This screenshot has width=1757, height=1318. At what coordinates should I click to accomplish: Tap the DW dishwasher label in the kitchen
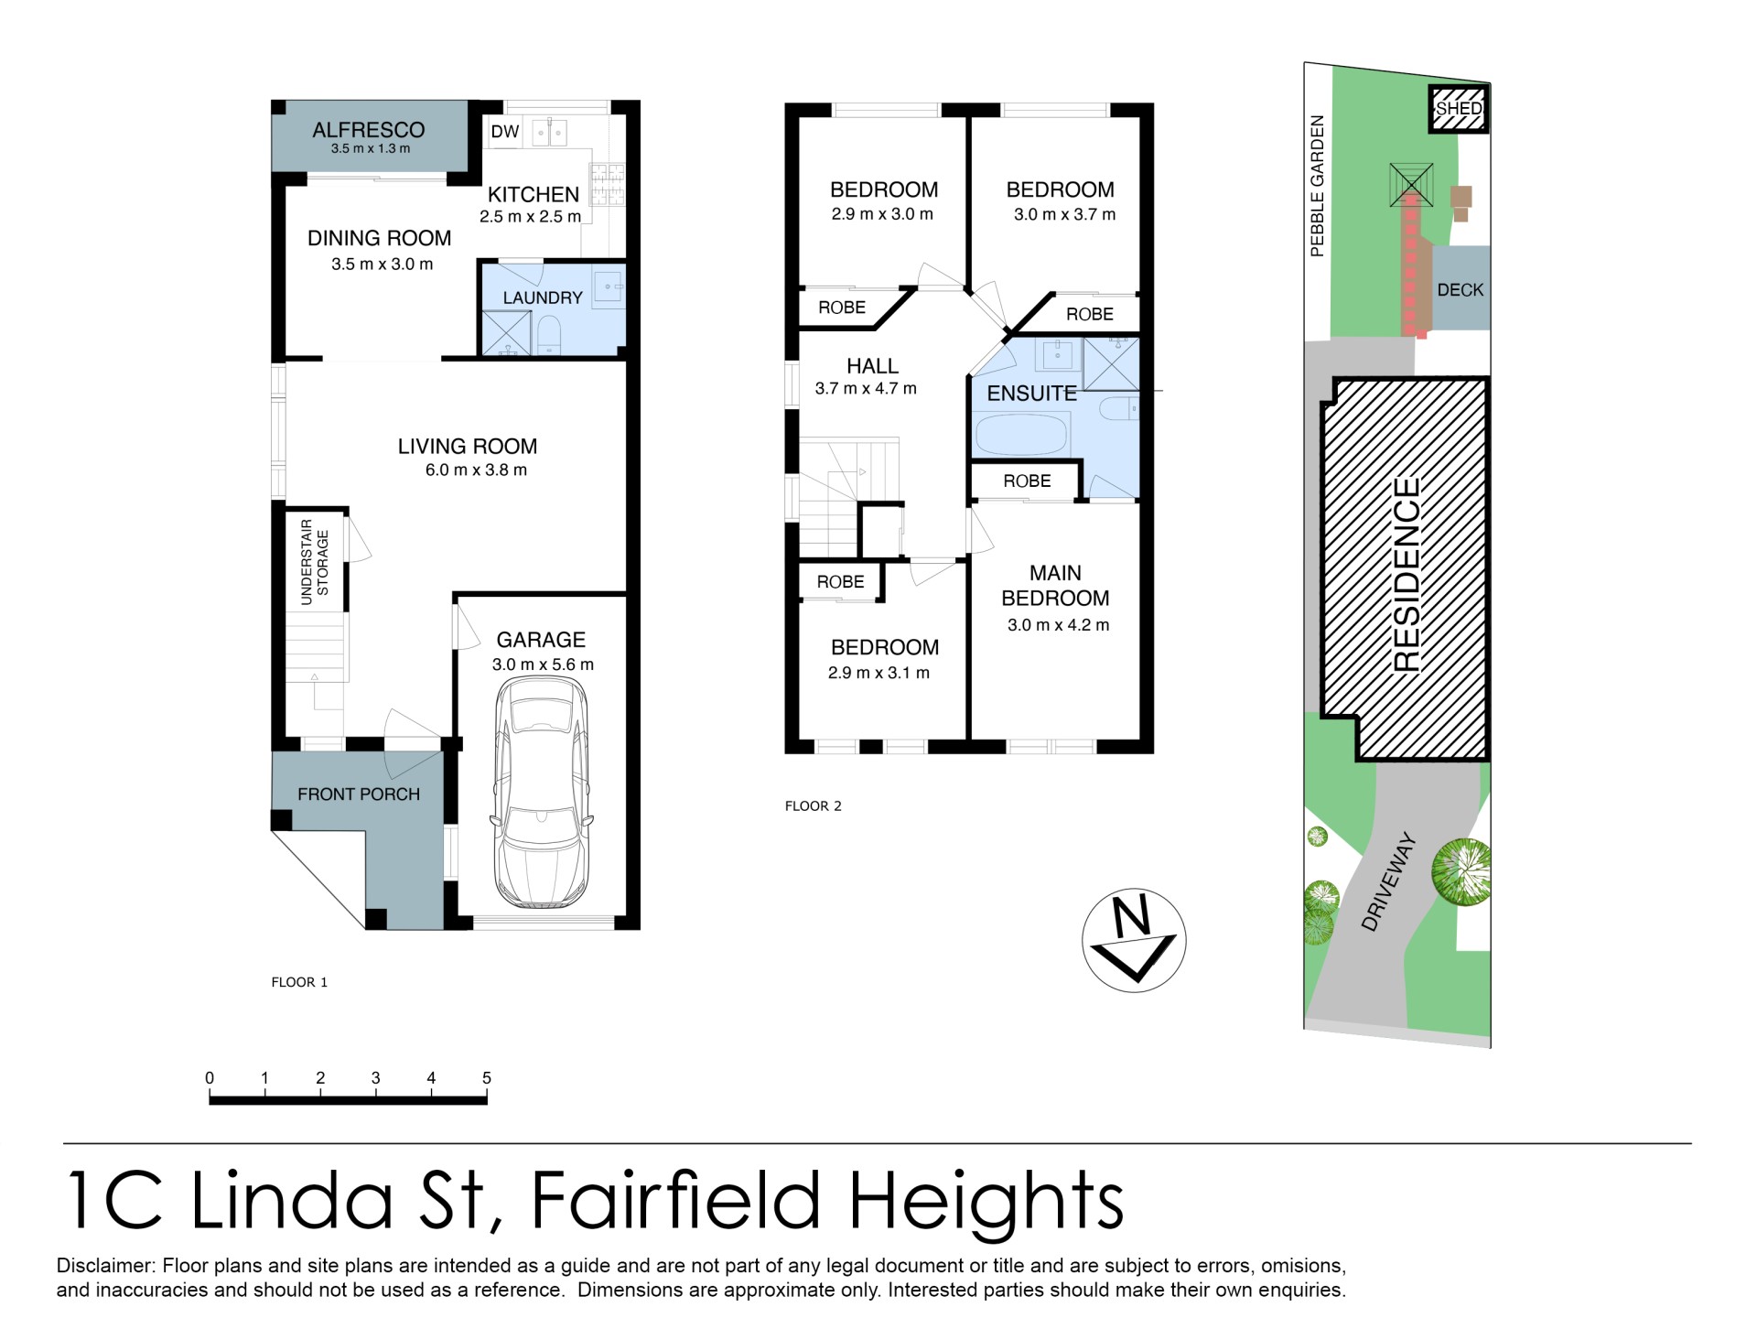pos(504,132)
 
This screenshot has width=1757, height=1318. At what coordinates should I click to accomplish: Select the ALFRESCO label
pos(369,130)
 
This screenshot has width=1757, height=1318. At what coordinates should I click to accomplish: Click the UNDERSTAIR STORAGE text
pos(315,562)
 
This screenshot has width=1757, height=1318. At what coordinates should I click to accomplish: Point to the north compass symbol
pos(1134,940)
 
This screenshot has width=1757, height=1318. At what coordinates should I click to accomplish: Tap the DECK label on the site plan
pos(1460,290)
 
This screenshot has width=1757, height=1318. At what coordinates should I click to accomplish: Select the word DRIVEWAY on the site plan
pos(1388,881)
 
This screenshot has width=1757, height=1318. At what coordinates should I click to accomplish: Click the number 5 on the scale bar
pos(487,1078)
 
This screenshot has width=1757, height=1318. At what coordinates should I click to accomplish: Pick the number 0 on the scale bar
pos(210,1078)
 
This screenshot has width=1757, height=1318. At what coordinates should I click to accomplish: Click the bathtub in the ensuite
pos(1022,434)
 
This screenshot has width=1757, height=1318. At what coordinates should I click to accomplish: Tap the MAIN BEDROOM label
pos(1055,586)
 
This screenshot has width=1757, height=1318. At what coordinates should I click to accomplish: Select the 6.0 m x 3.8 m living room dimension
pos(476,470)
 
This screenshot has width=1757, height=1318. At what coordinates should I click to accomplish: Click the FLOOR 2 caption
pos(813,806)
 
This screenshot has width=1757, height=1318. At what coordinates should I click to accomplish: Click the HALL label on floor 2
pos(872,366)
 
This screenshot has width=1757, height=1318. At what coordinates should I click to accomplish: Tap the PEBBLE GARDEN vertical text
pos(1317,186)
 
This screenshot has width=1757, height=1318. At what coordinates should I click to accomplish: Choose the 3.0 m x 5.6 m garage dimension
pos(544,665)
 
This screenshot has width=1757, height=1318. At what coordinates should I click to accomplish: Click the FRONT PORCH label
pos(359,794)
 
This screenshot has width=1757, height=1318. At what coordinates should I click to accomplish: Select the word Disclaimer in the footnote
pos(106,1266)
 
